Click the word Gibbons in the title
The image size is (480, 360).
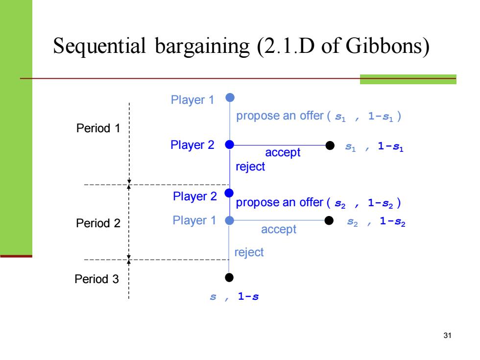pyautogui.click(x=387, y=46)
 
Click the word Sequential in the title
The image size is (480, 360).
pyautogui.click(x=99, y=47)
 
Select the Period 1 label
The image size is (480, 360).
pyautogui.click(x=98, y=128)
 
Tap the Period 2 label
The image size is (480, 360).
pyautogui.click(x=98, y=223)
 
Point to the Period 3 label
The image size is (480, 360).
pyautogui.click(x=96, y=279)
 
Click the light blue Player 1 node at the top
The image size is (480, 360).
pyautogui.click(x=230, y=97)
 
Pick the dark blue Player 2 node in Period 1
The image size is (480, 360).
pyautogui.click(x=230, y=144)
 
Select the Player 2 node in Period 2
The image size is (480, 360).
pyautogui.click(x=229, y=193)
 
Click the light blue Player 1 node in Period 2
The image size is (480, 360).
pyautogui.click(x=229, y=220)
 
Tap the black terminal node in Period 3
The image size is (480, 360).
pyautogui.click(x=229, y=277)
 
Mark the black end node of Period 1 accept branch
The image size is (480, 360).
pyautogui.click(x=330, y=145)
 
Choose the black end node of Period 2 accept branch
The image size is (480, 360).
pyautogui.click(x=329, y=220)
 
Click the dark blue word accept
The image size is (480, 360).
pyautogui.click(x=283, y=152)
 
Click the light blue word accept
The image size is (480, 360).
pyautogui.click(x=279, y=230)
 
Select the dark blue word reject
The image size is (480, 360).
pyautogui.click(x=250, y=167)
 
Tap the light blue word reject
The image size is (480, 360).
pyautogui.click(x=249, y=252)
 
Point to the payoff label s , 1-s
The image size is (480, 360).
pyautogui.click(x=234, y=296)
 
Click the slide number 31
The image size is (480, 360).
pyautogui.click(x=447, y=336)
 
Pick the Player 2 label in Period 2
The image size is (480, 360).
pyautogui.click(x=195, y=196)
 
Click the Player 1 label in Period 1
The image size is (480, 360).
pyautogui.click(x=192, y=100)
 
